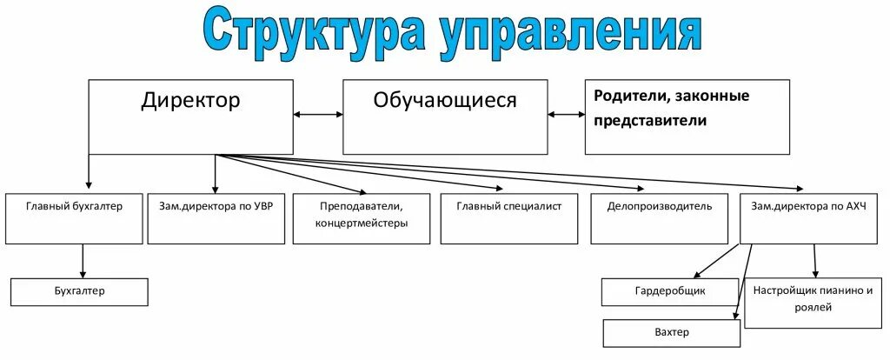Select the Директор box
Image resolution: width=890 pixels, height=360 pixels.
tap(190, 117)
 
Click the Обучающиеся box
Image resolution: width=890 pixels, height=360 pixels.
tap(445, 117)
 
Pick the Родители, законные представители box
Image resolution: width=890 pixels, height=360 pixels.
tap(687, 117)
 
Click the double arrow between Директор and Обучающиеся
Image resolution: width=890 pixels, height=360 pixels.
tap(317, 114)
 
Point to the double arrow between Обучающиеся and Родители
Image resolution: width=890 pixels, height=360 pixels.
tap(566, 114)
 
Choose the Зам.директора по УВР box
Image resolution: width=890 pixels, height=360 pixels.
tap(216, 218)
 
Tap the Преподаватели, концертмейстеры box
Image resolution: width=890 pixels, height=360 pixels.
tap(362, 218)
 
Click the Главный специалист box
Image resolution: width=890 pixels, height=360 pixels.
tap(508, 218)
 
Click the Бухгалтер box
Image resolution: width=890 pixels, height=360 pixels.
tap(79, 291)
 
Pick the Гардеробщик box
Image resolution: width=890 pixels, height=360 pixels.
tap(670, 291)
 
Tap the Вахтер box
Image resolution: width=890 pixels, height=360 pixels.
tap(672, 333)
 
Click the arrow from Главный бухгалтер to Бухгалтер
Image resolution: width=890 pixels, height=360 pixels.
tap(83, 261)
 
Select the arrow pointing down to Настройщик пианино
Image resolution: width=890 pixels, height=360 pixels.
tap(814, 261)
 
